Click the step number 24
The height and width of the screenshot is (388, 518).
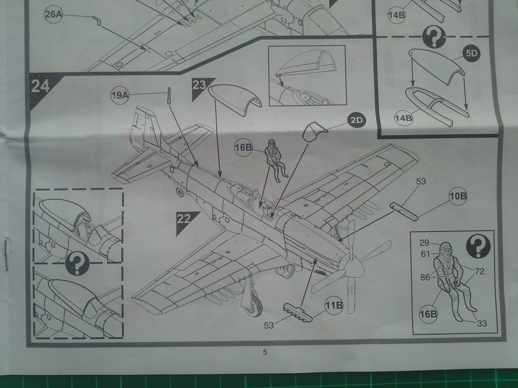click(x=40, y=86)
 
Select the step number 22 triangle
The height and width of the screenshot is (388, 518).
click(x=184, y=219)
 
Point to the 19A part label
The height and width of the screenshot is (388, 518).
click(x=120, y=96)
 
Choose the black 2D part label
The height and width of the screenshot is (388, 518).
click(x=356, y=120)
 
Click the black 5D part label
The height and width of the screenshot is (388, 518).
click(x=471, y=54)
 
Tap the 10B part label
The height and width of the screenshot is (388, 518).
click(x=457, y=196)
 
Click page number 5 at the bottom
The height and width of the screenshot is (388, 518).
click(x=265, y=352)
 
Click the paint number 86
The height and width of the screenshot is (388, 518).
click(x=425, y=277)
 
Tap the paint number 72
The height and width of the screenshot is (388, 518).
click(x=480, y=272)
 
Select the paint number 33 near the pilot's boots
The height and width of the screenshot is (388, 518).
click(x=482, y=323)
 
